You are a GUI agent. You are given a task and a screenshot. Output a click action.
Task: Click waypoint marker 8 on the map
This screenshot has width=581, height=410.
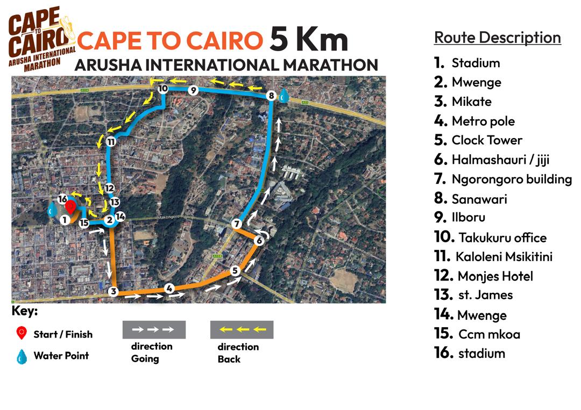point(272,96)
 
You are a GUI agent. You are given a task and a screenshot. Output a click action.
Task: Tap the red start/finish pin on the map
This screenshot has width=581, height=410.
point(70,207)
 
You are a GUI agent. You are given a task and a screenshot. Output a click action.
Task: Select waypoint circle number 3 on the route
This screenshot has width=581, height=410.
point(113,292)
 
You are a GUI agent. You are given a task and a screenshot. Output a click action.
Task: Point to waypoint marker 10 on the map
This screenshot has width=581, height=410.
point(163,89)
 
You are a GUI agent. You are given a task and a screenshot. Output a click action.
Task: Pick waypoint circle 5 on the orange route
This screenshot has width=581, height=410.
point(235,271)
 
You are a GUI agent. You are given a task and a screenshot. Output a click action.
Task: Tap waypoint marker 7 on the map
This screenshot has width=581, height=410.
point(237,224)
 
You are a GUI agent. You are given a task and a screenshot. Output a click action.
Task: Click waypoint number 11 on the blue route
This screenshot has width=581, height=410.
point(111,142)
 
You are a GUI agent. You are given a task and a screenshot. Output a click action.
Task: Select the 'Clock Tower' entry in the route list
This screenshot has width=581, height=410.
point(486,140)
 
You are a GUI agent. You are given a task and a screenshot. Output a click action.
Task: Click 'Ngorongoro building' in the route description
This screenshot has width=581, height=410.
point(511,179)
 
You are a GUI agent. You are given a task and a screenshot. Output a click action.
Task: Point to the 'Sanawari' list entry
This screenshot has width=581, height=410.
point(479,199)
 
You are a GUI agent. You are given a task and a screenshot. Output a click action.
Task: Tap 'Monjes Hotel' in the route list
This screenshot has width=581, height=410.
point(495,276)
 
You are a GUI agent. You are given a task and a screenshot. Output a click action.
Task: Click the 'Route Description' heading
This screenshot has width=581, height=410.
point(497,38)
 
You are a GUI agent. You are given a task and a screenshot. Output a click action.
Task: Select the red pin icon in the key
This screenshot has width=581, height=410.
point(22,334)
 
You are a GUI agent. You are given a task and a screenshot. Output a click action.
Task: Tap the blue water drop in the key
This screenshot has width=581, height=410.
point(22,356)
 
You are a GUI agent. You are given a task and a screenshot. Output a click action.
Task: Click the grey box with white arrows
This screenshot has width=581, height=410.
point(154,329)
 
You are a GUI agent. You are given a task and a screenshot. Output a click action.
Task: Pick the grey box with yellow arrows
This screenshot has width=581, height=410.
point(242,329)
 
